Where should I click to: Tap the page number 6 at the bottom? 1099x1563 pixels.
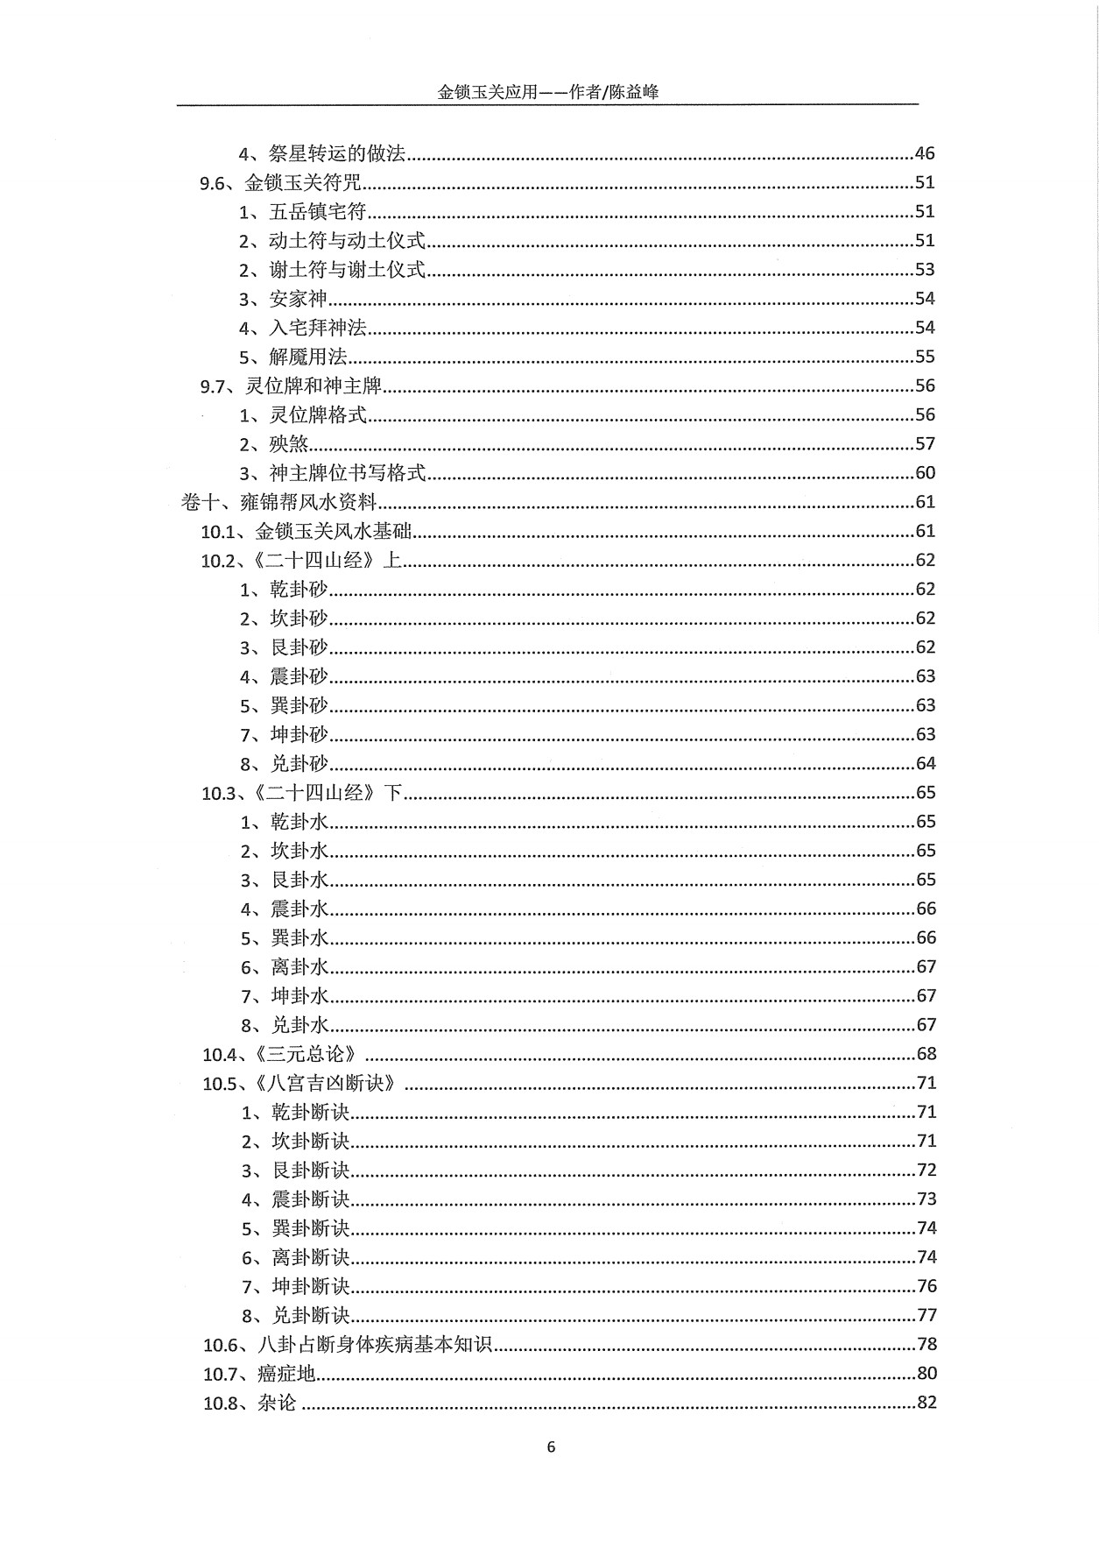(550, 1446)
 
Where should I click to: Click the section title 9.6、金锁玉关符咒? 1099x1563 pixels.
(281, 183)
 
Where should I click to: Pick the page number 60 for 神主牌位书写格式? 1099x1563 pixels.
(925, 473)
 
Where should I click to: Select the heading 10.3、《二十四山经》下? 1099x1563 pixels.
(301, 793)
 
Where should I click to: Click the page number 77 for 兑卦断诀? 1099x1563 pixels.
(926, 1315)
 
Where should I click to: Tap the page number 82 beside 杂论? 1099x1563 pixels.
(926, 1403)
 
